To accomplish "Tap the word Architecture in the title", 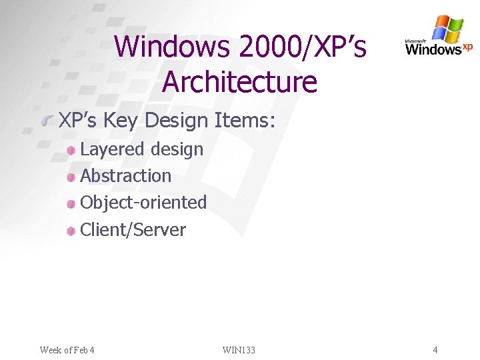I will [x=239, y=82].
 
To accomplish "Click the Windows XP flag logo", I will [x=447, y=29].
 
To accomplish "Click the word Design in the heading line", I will [x=177, y=120].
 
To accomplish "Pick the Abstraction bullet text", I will [x=125, y=176].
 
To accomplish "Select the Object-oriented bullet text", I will [x=143, y=203].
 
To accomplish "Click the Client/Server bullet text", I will [x=133, y=230].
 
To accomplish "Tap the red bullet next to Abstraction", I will [x=71, y=177].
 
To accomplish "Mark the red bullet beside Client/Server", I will [x=71, y=231].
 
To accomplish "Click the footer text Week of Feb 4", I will [x=67, y=350].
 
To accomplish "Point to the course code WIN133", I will [x=239, y=350].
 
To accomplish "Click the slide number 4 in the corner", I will [x=435, y=350].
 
